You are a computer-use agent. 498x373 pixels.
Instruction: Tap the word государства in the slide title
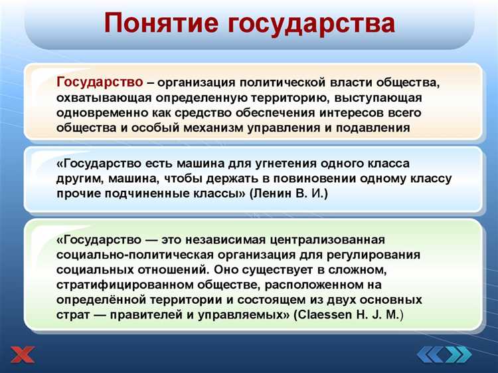pyautogui.click(x=311, y=24)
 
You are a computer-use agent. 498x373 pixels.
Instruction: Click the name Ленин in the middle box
pyautogui.click(x=274, y=193)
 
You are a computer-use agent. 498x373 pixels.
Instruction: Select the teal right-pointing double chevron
pyautogui.click(x=458, y=355)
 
